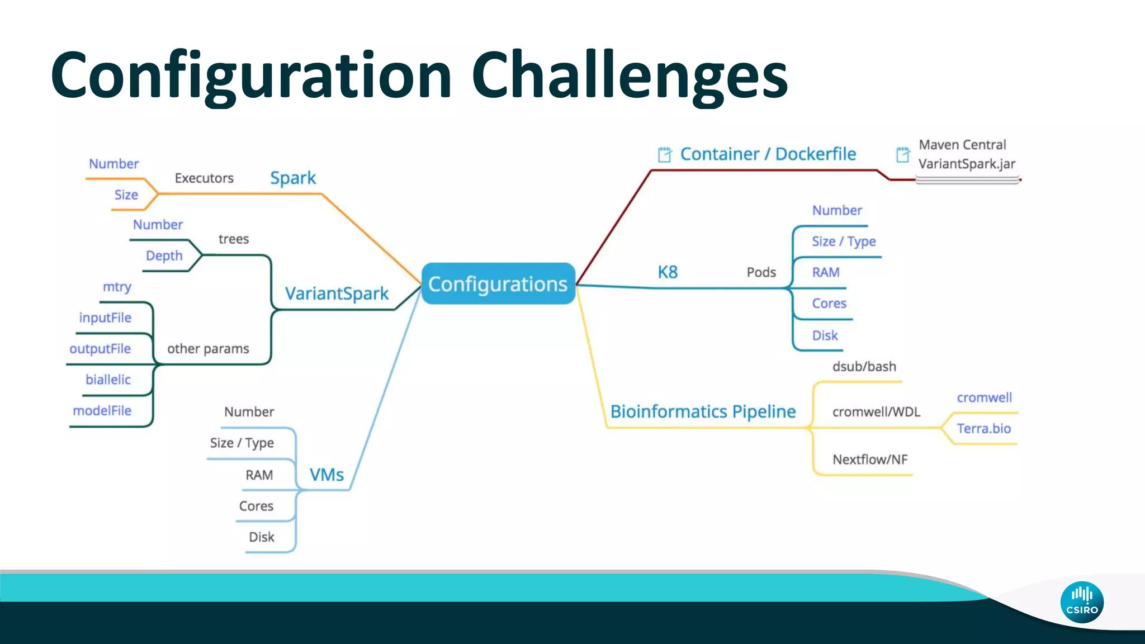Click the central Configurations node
pos(498,284)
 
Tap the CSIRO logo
pos(1082,602)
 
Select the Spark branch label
pos(293,178)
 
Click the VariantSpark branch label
pos(337,293)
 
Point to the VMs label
pos(327,475)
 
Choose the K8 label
pos(668,272)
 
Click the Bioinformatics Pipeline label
pos(703,411)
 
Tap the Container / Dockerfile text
pos(768,154)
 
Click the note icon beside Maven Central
pos(902,154)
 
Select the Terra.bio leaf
pos(983,429)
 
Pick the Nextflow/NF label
pos(870,460)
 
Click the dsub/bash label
pos(864,367)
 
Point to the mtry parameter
pos(117,287)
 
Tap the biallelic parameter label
pos(108,380)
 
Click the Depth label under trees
pos(164,255)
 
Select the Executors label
pos(204,178)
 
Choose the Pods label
pos(761,272)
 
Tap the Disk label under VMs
pos(262,537)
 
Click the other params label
pos(208,349)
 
